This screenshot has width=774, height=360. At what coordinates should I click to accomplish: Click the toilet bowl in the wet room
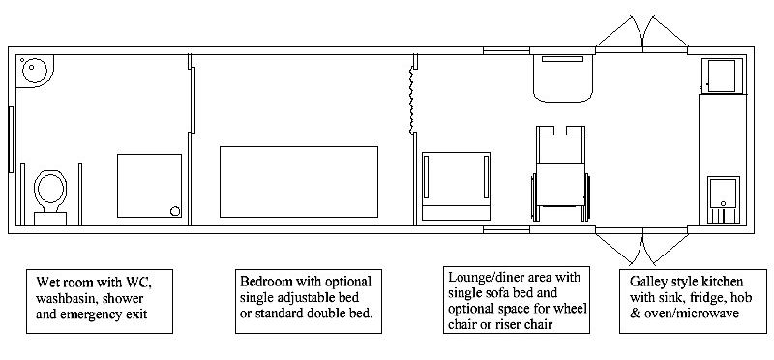tap(50, 188)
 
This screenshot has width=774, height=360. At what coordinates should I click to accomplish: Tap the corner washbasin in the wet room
tap(35, 71)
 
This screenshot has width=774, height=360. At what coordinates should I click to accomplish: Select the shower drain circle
tap(175, 211)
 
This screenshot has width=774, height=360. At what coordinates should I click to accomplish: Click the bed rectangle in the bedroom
tap(299, 182)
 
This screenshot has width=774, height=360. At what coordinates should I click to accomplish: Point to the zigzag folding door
tap(411, 101)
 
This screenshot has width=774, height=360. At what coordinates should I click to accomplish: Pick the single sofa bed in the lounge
tap(456, 186)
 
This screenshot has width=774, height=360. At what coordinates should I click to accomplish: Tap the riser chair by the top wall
tap(563, 78)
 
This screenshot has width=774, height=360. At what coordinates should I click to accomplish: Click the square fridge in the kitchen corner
tap(722, 75)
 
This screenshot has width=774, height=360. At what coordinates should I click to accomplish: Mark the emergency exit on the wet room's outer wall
tap(11, 139)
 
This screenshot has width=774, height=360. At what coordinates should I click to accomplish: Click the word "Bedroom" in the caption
tap(263, 282)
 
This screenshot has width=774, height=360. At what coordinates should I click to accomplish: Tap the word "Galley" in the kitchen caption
tap(645, 283)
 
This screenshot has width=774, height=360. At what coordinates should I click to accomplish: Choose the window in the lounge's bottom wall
tap(506, 229)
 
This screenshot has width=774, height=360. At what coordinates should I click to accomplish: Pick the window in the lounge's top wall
tap(506, 50)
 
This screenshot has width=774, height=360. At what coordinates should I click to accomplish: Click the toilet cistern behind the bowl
tap(50, 219)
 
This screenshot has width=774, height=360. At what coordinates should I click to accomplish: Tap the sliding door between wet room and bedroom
tap(193, 101)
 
